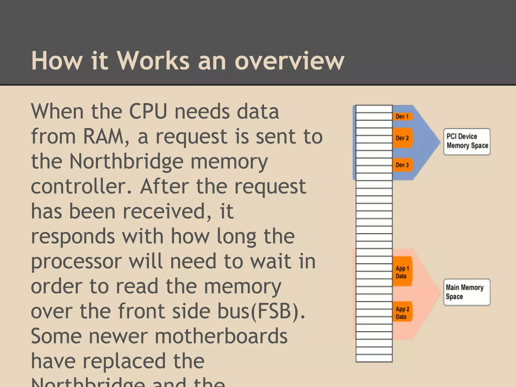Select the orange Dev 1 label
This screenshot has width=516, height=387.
click(402, 116)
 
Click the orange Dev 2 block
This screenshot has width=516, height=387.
click(402, 138)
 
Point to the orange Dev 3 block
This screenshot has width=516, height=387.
click(402, 165)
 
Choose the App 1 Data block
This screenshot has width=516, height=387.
click(402, 272)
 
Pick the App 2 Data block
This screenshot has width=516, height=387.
click(402, 312)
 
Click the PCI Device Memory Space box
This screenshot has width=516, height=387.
click(467, 141)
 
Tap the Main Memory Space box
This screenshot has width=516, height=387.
click(467, 292)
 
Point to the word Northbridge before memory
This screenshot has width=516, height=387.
click(126, 162)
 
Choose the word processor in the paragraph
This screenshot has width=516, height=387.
click(76, 261)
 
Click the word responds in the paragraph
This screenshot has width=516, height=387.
click(73, 236)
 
